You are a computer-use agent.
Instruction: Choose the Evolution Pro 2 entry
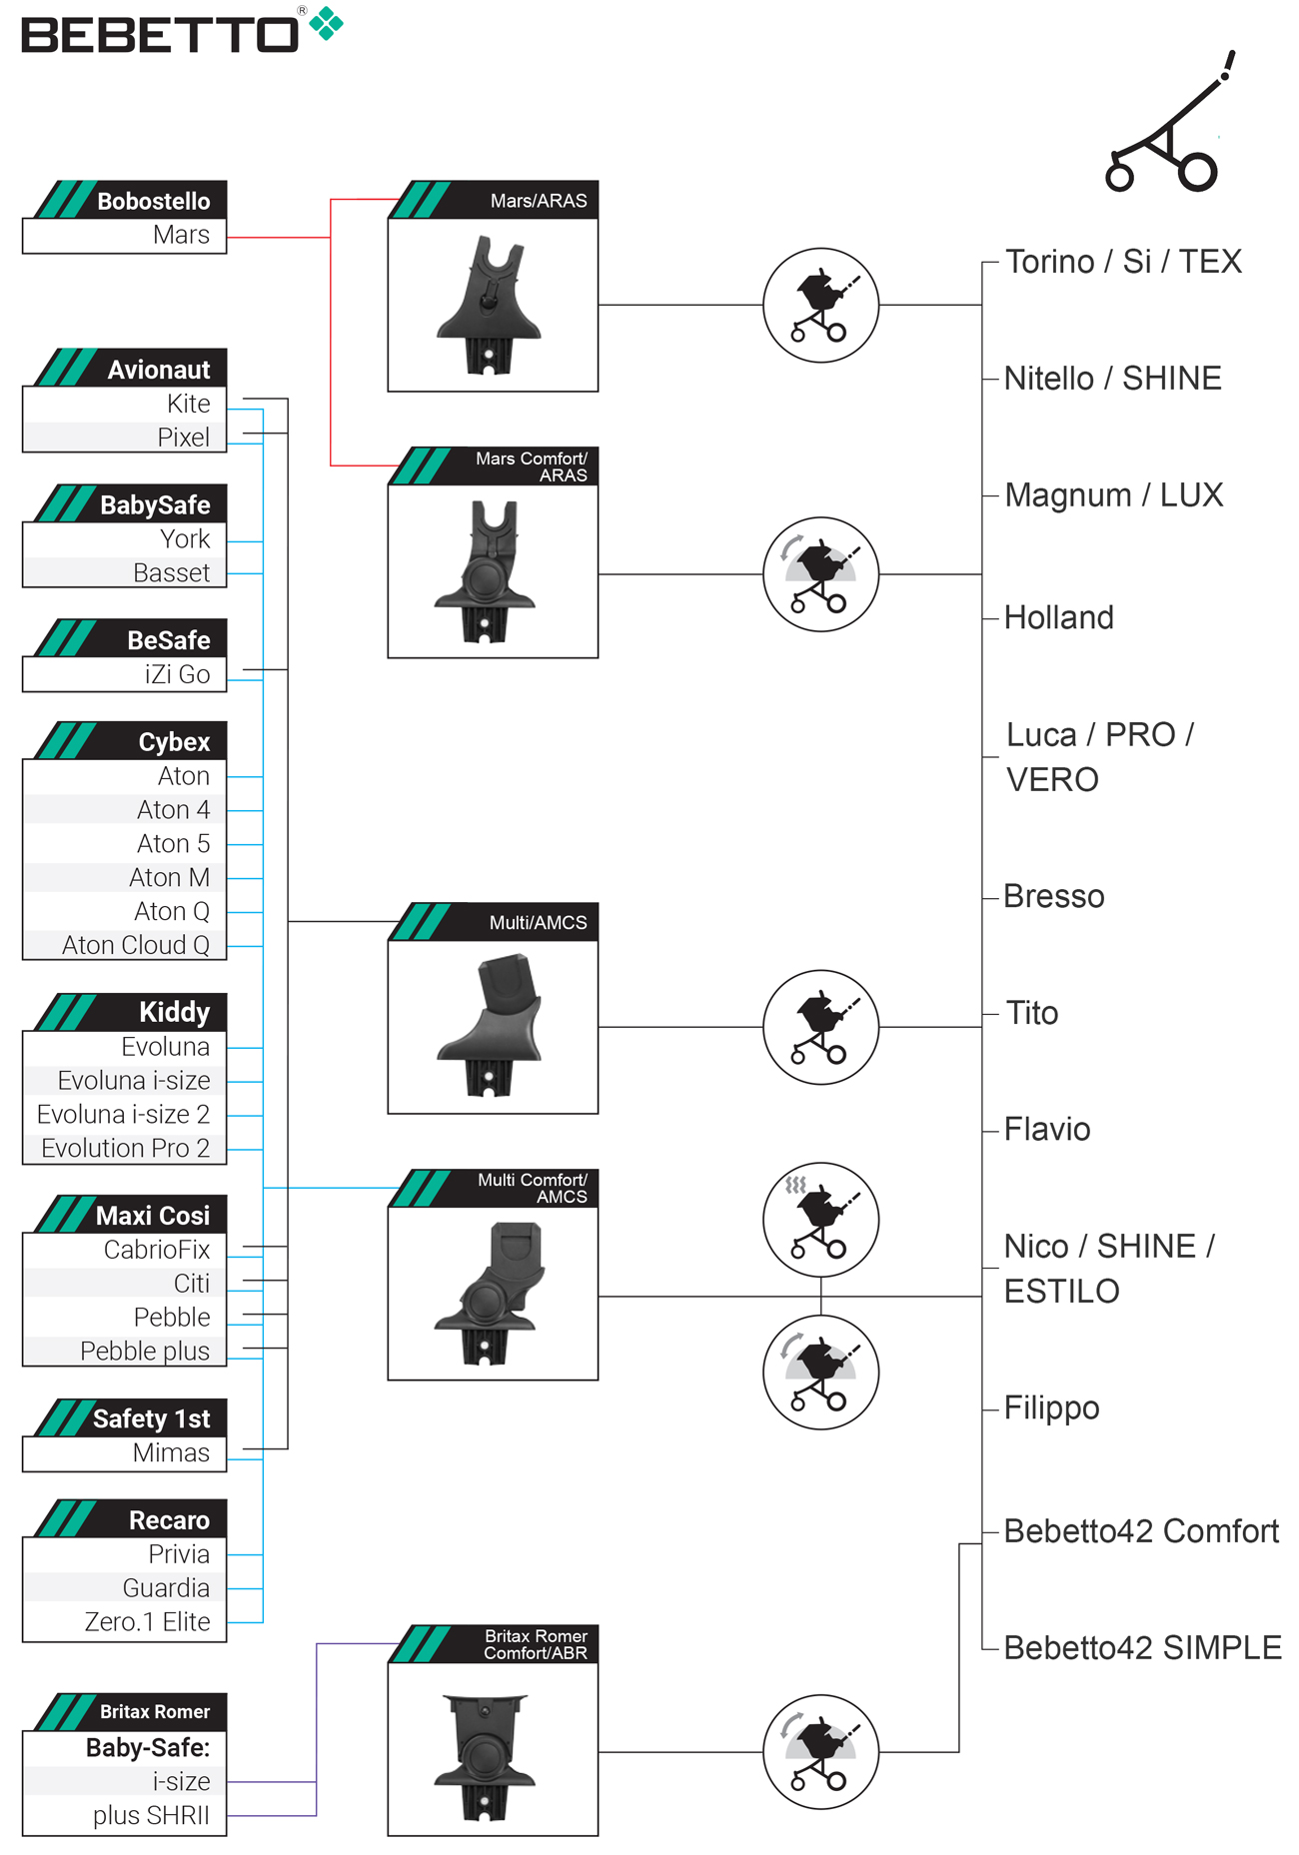(126, 1148)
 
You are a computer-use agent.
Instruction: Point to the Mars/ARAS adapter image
(490, 305)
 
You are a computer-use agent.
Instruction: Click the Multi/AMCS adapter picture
(490, 1026)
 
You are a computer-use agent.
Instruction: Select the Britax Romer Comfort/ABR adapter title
(536, 1644)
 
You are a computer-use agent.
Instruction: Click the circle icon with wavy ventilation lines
(820, 1219)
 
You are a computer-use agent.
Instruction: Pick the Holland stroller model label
(1058, 617)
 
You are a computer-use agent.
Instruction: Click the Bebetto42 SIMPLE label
(1142, 1647)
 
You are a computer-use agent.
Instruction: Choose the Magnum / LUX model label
(1113, 494)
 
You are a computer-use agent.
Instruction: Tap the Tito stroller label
(1031, 1013)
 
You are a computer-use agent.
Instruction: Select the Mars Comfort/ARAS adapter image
(490, 571)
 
